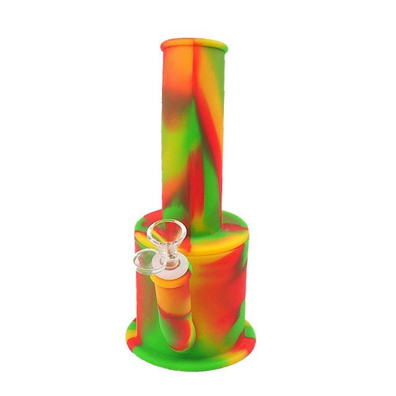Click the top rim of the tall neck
(194, 45)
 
